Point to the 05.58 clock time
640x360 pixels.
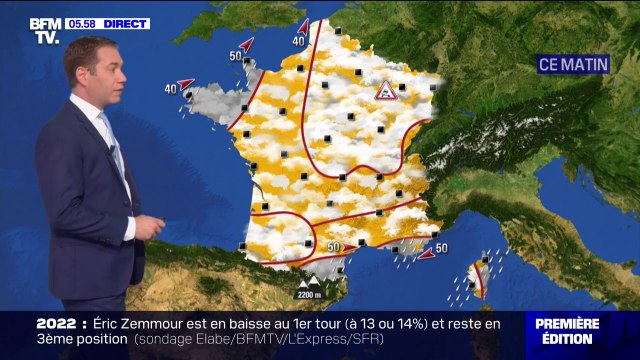(82, 23)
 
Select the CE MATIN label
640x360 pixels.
(573, 63)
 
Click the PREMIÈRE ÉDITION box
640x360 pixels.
(567, 331)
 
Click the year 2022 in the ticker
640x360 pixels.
(58, 323)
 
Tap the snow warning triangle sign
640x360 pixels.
(385, 91)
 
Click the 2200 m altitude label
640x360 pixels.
(309, 294)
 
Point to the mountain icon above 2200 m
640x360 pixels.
(309, 284)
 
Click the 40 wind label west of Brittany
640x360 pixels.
(170, 89)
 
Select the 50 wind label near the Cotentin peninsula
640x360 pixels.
(235, 56)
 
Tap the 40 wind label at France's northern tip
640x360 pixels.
(298, 41)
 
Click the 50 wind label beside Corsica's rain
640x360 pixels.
(441, 248)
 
